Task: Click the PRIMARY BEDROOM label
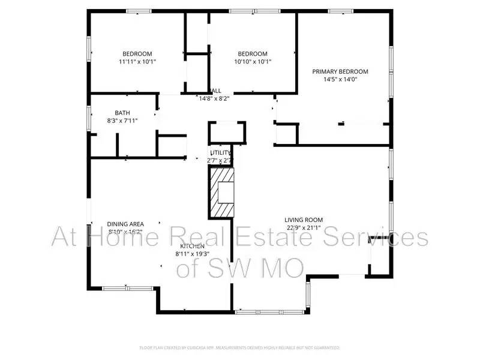[340, 71]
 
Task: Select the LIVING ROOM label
[303, 220]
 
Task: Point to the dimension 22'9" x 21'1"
[303, 227]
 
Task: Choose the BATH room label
[122, 113]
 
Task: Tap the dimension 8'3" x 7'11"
[122, 121]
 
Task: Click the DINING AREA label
[125, 224]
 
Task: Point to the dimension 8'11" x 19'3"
[192, 254]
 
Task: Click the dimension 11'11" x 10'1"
[137, 61]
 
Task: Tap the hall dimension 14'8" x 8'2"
[214, 98]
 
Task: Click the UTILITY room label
[220, 153]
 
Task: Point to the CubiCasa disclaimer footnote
[240, 347]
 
